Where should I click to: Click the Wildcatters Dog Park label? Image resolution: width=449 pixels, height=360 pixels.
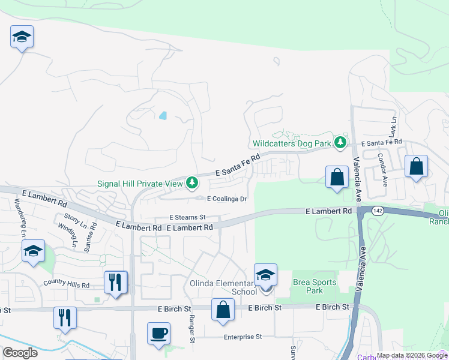292,143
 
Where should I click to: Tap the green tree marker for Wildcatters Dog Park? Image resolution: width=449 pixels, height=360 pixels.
341,142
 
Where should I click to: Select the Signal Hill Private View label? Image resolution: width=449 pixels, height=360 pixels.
139,182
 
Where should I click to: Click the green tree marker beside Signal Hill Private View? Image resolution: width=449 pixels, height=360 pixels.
192,181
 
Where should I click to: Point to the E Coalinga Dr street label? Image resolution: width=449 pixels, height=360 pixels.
227,199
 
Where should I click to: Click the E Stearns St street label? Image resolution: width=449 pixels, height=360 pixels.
187,217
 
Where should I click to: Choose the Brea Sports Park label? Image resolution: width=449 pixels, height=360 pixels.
309,286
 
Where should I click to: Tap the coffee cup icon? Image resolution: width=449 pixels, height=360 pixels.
158,333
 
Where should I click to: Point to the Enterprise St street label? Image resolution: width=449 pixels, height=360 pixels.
243,337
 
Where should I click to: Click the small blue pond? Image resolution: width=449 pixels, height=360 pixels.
163,115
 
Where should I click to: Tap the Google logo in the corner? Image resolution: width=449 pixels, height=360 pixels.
20,353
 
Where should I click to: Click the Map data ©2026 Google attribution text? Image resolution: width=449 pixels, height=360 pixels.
412,355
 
